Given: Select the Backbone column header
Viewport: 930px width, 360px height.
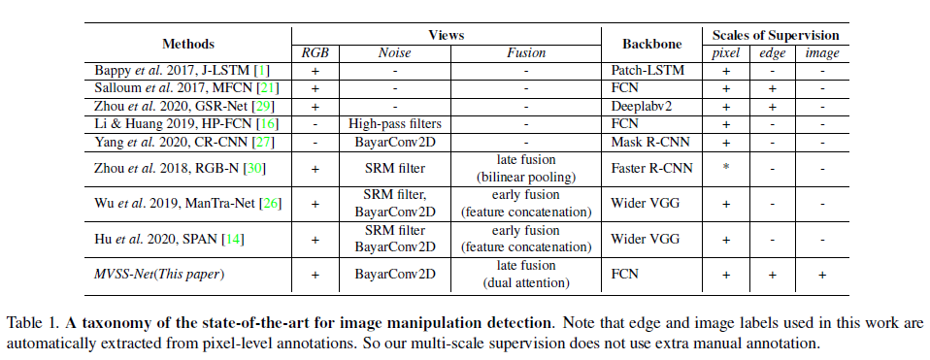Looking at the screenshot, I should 649,44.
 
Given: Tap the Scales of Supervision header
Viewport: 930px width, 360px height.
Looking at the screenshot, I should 768,35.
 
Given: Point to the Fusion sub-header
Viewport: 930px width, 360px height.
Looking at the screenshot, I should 525,53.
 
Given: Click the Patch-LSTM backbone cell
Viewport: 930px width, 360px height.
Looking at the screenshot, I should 644,70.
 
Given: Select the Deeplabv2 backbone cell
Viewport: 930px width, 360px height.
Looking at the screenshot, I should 640,105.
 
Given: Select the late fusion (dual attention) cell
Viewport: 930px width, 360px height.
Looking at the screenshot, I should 525,275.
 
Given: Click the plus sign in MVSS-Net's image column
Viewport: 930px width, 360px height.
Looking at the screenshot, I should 822,276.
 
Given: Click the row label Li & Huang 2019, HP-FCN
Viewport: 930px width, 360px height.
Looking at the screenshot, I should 184,123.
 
